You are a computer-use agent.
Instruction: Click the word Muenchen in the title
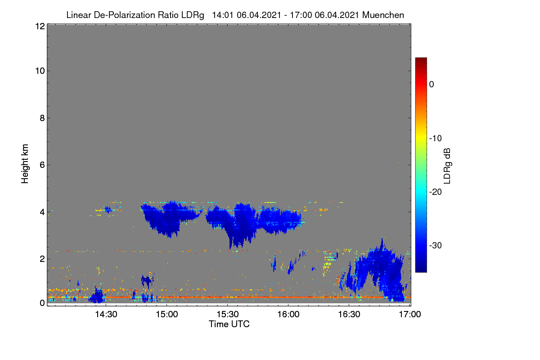pos(383,15)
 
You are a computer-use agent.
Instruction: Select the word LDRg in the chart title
pos(193,15)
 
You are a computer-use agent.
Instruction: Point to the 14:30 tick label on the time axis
pos(106,314)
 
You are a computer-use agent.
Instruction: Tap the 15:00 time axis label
pos(167,314)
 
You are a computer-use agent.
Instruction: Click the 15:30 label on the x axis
pos(228,314)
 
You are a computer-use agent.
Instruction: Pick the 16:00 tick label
pos(288,314)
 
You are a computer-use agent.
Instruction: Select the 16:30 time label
pos(349,314)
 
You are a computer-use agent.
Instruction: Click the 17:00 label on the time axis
pos(410,314)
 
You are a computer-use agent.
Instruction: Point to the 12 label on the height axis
pos(40,26)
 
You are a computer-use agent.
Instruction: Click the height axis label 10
pos(40,71)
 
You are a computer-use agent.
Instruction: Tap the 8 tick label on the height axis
pos(42,118)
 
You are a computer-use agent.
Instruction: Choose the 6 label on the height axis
pos(42,165)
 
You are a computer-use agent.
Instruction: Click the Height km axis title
pos(25,164)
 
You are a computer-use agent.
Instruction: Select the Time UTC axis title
pos(229,324)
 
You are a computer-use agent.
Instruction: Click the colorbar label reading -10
pos(436,139)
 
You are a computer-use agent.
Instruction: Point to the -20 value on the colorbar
pos(436,192)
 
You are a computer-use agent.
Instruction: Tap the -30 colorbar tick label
pos(436,245)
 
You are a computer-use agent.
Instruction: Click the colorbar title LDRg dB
pos(447,166)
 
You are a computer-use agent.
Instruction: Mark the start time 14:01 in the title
pos(223,15)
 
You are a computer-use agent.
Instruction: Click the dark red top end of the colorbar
pos(421,58)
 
